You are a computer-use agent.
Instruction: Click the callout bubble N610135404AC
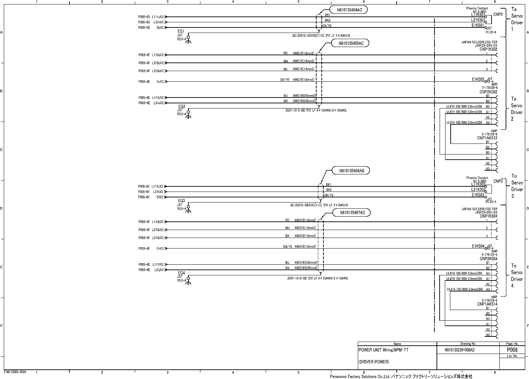[x=349, y=10]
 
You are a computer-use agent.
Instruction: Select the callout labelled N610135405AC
[x=350, y=43]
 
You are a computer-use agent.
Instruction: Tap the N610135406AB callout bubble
[x=351, y=171]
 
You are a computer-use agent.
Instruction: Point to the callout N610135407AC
[x=352, y=213]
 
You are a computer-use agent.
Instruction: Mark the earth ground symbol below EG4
[x=188, y=282]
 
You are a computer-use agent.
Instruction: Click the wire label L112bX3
[x=158, y=55]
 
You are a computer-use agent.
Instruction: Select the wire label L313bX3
[x=158, y=238]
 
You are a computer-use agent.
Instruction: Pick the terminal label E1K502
[x=478, y=79]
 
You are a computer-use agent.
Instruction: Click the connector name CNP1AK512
[x=487, y=138]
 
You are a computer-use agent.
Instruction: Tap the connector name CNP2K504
[x=488, y=259]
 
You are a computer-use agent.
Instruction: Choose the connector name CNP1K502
[x=488, y=49]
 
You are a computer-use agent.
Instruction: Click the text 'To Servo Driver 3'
[x=517, y=186]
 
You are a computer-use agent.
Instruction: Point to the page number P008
[x=512, y=350]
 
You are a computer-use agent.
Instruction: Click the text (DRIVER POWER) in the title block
[x=374, y=362]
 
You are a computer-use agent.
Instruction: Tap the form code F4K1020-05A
[x=15, y=372]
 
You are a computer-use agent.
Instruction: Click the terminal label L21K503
[x=478, y=189]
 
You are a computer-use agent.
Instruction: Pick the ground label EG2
[x=181, y=106]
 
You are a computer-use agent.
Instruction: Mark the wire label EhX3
[x=160, y=249]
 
